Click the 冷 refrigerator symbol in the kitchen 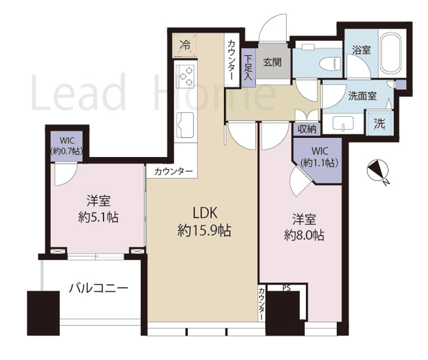185,45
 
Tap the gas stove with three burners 185,78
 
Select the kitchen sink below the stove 184,122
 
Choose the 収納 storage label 307,129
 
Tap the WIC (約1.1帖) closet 318,158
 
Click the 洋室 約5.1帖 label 98,209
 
